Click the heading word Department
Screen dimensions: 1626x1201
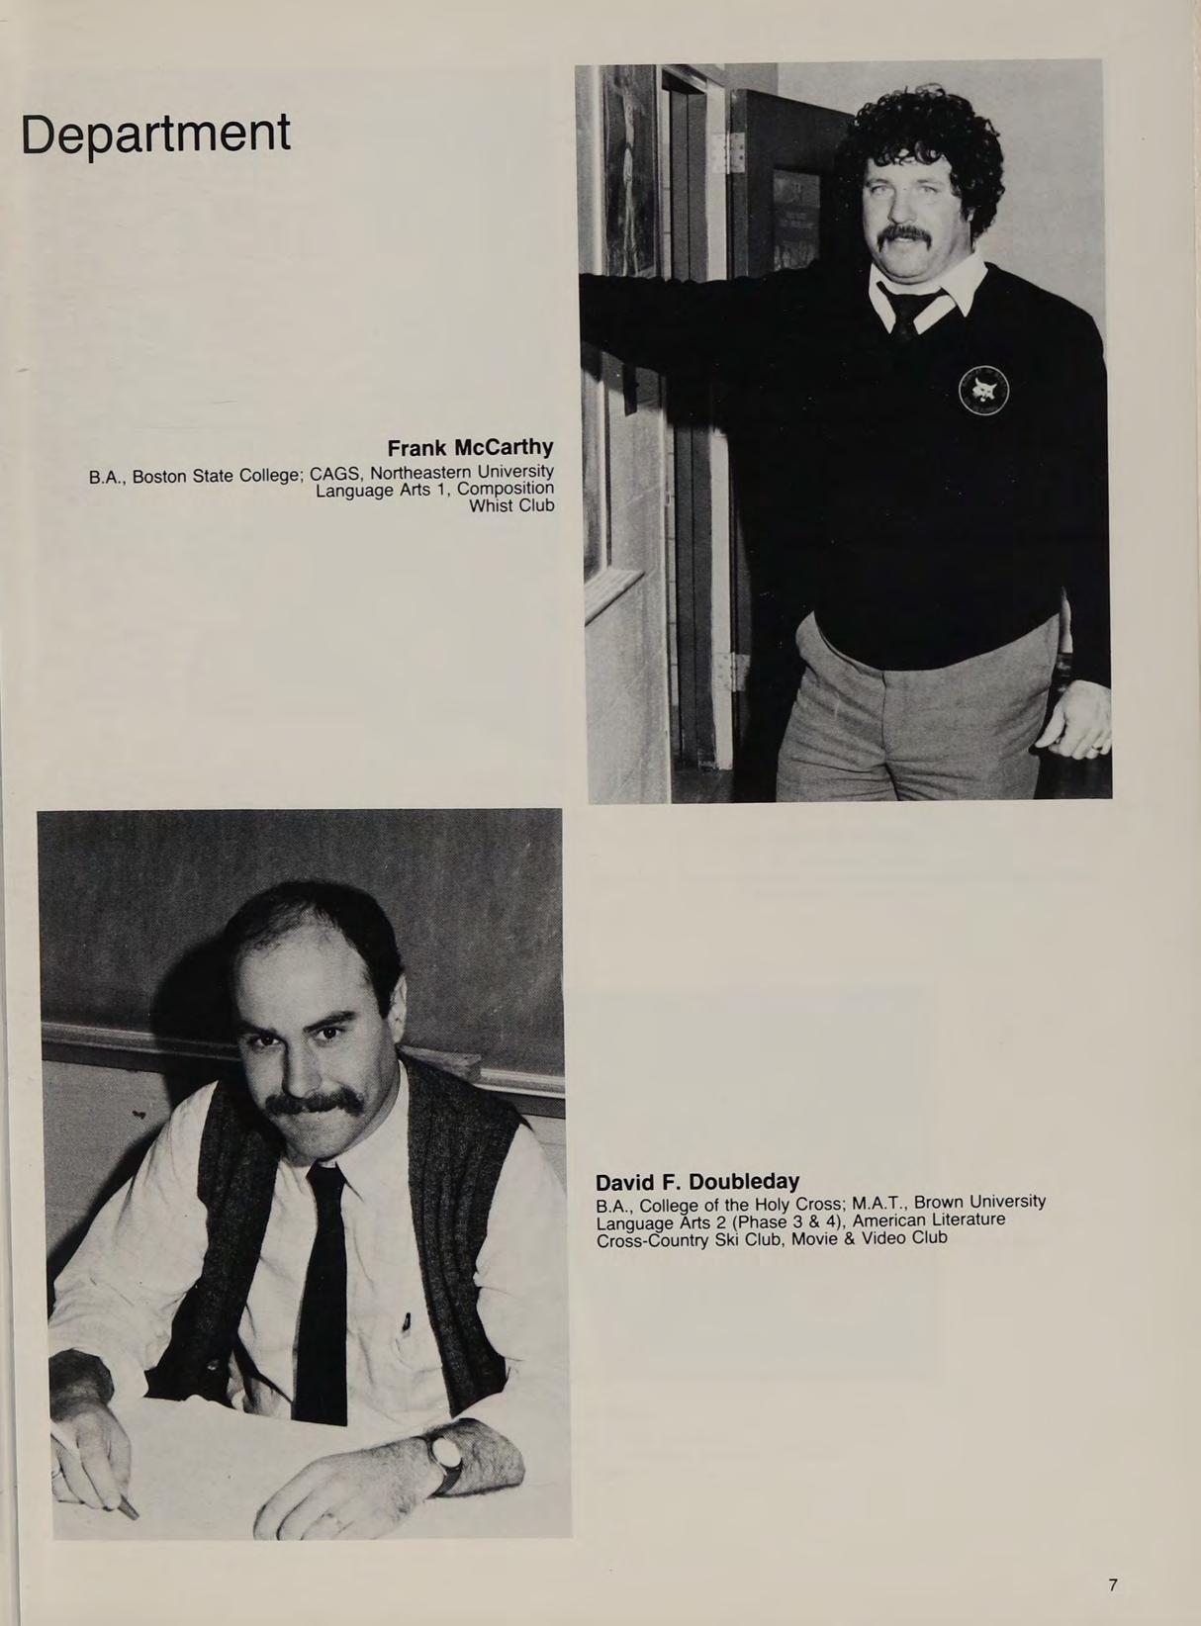point(155,135)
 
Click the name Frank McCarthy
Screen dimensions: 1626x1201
point(470,447)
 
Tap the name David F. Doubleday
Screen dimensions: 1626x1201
point(697,1181)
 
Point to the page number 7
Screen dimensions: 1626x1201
point(1113,1584)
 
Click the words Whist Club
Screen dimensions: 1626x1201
point(511,505)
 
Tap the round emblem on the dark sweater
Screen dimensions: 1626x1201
point(983,391)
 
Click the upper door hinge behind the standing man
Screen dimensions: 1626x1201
point(733,153)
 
